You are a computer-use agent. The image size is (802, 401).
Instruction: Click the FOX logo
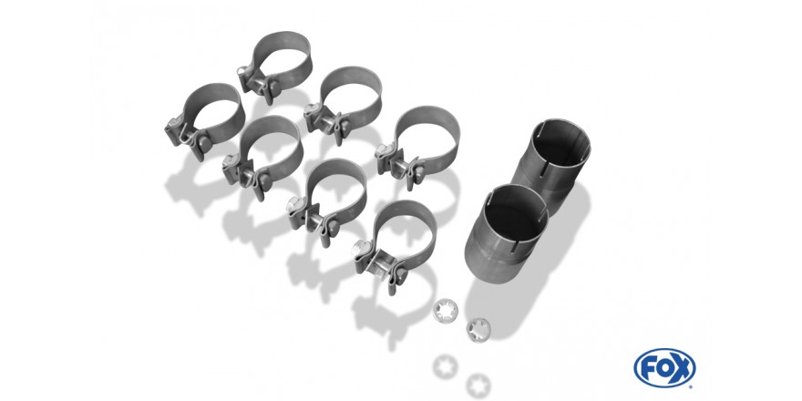664,368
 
